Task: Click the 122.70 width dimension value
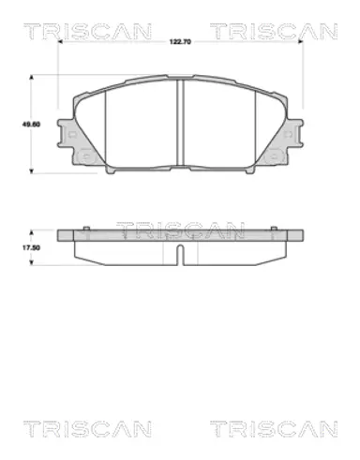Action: point(180,42)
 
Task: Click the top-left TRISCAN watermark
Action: point(87,31)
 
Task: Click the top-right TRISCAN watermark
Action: point(274,31)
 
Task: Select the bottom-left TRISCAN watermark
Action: point(87,429)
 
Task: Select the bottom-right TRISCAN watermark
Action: point(274,429)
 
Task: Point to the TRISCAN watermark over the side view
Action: point(180,230)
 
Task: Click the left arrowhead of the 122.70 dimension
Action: point(61,41)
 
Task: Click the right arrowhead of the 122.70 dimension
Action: point(300,41)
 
